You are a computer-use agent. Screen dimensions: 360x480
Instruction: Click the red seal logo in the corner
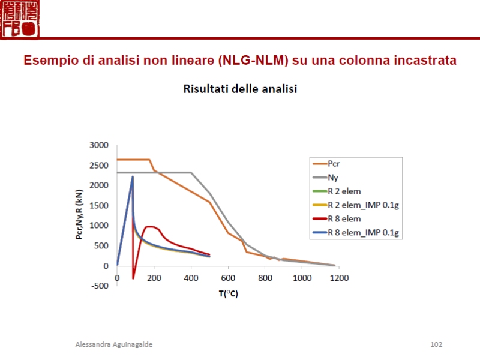click(20, 19)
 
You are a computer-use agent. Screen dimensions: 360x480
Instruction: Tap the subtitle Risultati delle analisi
click(240, 89)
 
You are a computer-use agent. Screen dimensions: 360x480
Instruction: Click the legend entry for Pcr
click(334, 163)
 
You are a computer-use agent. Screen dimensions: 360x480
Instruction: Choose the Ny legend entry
click(333, 177)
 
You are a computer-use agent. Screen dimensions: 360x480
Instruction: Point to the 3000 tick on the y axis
click(98, 145)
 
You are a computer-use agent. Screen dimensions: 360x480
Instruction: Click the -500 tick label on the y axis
click(99, 286)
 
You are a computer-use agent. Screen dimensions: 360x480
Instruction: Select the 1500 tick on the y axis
click(98, 205)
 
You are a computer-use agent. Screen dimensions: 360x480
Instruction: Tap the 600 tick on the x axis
click(228, 278)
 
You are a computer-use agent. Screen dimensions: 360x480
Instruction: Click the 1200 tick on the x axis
click(339, 278)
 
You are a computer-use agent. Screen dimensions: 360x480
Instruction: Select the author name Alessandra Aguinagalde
click(114, 344)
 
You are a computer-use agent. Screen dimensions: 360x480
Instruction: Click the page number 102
click(436, 344)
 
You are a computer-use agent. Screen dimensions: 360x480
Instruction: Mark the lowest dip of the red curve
click(133, 278)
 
